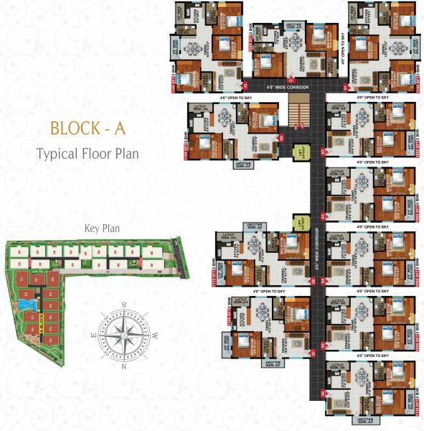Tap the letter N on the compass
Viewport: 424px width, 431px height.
pyautogui.click(x=123, y=366)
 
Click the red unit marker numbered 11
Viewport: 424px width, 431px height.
pyautogui.click(x=291, y=79)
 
